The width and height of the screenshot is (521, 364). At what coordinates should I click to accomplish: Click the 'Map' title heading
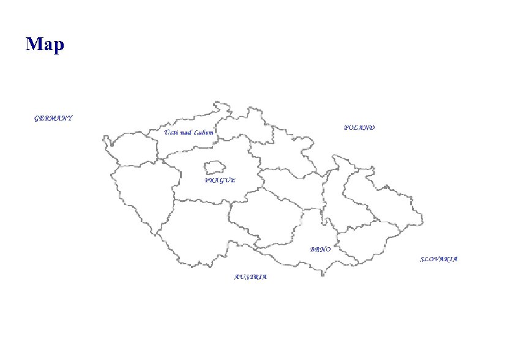coord(45,45)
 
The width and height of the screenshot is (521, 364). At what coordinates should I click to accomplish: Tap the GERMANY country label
coord(53,118)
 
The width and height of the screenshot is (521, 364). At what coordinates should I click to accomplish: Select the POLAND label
coord(359,128)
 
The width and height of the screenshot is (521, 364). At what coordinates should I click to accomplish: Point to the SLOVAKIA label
coord(438,259)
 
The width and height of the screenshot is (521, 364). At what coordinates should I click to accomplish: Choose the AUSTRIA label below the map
coord(250,277)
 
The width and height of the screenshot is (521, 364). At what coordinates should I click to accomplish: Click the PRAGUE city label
coord(220,180)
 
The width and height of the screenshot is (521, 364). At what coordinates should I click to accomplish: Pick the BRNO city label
coord(320,250)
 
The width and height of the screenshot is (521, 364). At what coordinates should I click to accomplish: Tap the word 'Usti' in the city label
coord(170,132)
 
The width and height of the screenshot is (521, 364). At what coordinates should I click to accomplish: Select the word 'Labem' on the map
coord(204,132)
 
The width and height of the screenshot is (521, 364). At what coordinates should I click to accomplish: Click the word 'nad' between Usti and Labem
coord(186,132)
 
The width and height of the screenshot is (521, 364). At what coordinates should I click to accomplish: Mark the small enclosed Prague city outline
coord(214,167)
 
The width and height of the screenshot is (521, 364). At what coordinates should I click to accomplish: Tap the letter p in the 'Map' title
coord(58,46)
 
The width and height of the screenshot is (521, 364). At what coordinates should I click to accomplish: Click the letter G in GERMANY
coord(37,118)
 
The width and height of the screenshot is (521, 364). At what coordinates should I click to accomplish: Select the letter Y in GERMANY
coord(70,118)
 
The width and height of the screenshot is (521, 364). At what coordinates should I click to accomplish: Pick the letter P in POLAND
coord(346,128)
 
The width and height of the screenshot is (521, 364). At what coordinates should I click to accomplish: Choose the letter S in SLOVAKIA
coord(422,259)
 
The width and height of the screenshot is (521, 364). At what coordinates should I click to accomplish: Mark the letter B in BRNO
coord(312,250)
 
